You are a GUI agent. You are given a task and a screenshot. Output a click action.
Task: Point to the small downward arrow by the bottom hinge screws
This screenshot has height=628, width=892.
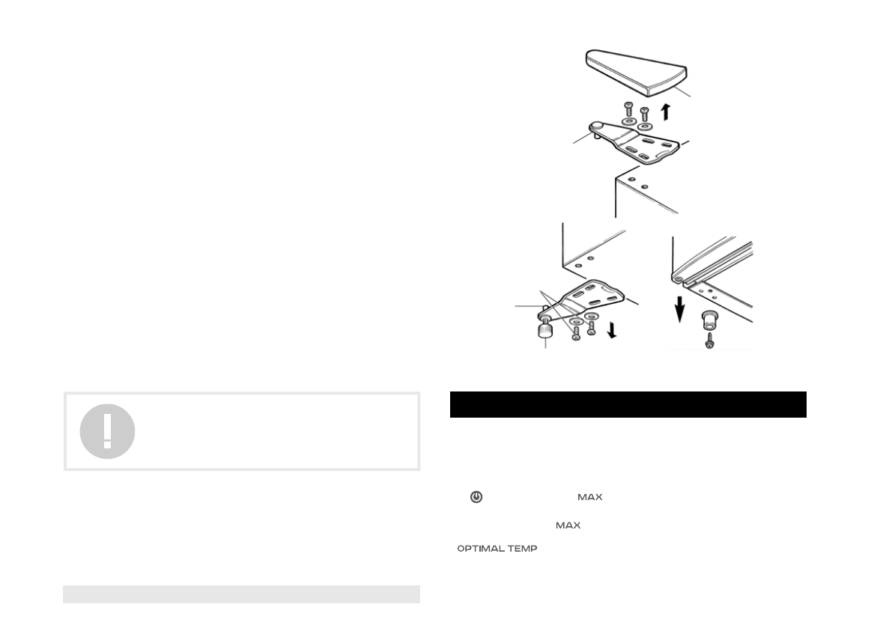tap(613, 329)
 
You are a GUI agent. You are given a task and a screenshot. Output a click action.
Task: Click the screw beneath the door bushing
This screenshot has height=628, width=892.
tap(709, 341)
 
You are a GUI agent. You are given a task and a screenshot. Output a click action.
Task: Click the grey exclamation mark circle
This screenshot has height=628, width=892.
tap(108, 431)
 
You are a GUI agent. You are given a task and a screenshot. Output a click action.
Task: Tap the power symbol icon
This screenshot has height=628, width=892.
tap(476, 497)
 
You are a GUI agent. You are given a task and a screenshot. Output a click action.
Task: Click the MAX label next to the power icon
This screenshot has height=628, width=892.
tap(590, 498)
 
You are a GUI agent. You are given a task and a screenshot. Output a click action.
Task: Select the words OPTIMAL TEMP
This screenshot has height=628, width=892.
tap(497, 549)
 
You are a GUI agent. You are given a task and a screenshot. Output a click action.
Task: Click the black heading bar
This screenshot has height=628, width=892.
tap(628, 404)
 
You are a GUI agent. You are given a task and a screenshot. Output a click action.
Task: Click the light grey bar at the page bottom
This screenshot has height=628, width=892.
tap(241, 594)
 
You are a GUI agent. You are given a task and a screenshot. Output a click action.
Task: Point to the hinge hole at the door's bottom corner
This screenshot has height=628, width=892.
tap(679, 280)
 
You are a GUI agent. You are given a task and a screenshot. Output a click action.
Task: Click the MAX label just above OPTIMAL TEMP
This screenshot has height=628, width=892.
tap(568, 526)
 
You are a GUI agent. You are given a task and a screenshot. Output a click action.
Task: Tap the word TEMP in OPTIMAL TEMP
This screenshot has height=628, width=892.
tap(524, 549)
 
